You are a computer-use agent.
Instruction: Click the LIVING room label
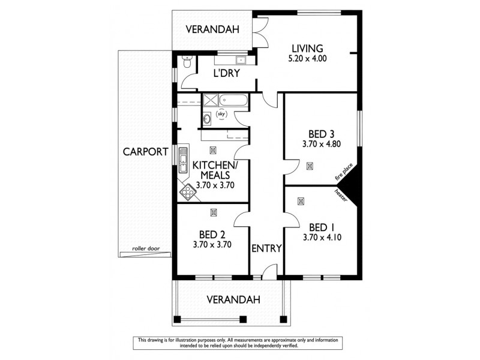[307, 49]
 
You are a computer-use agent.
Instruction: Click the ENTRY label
[266, 248]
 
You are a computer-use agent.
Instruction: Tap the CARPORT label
[145, 152]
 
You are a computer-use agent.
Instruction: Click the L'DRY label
[227, 73]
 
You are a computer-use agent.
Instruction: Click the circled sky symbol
[221, 113]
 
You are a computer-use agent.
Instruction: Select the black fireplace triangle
[352, 182]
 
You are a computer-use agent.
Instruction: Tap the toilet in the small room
[187, 62]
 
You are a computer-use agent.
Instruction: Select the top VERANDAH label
[212, 29]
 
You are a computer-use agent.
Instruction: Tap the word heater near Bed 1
[341, 194]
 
